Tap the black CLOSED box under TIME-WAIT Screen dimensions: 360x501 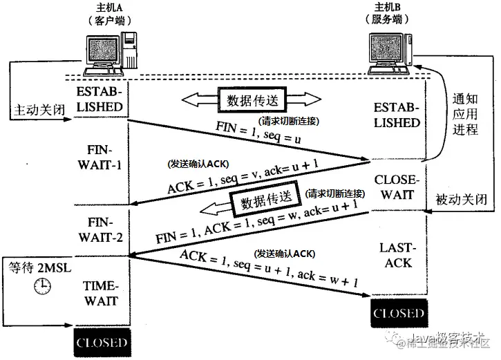click(x=102, y=342)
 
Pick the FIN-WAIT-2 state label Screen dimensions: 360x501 click(x=102, y=230)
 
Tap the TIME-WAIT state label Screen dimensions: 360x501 click(x=102, y=293)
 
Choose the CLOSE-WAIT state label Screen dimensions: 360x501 click(x=395, y=187)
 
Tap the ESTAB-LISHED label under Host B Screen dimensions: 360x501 click(x=396, y=115)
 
